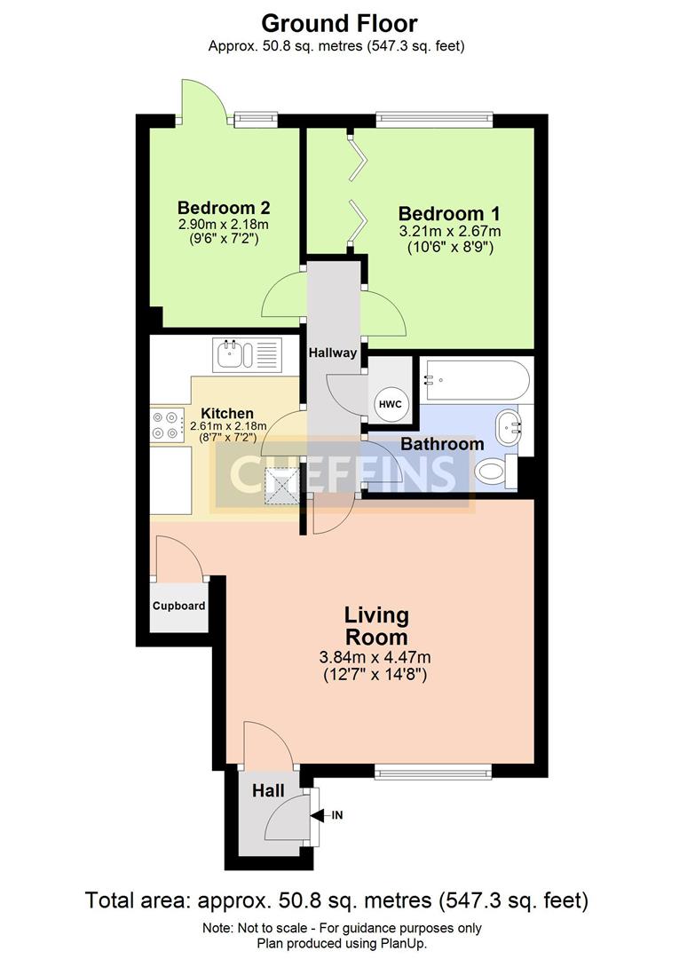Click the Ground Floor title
click(x=339, y=24)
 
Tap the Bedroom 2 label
click(x=224, y=207)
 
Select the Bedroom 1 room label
click(x=449, y=213)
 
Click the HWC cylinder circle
click(x=390, y=404)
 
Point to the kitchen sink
click(x=247, y=354)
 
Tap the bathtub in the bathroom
click(x=473, y=380)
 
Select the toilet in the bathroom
click(x=496, y=472)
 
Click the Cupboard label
click(x=178, y=606)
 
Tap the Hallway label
click(x=333, y=353)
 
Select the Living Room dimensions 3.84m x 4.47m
click(x=375, y=657)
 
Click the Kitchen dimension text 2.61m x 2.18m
click(x=229, y=425)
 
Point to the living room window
click(x=433, y=772)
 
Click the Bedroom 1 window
click(x=435, y=120)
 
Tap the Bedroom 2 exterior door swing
click(x=203, y=101)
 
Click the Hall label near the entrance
click(x=268, y=791)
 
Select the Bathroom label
click(x=442, y=443)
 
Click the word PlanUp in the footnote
click(x=403, y=944)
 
